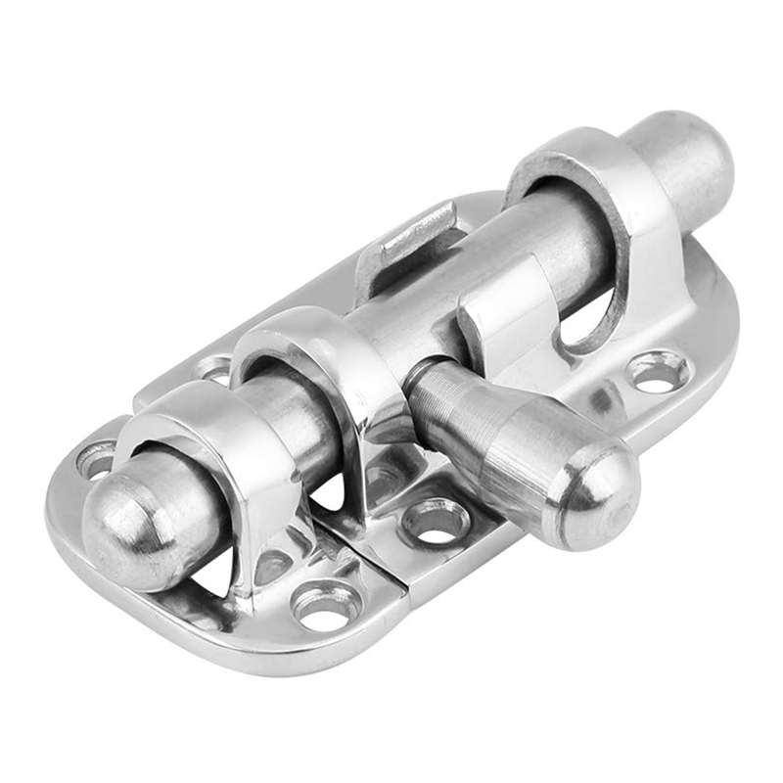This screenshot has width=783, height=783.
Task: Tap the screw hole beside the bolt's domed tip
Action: tap(96, 458)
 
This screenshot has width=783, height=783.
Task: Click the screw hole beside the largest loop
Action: tap(658, 370)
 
